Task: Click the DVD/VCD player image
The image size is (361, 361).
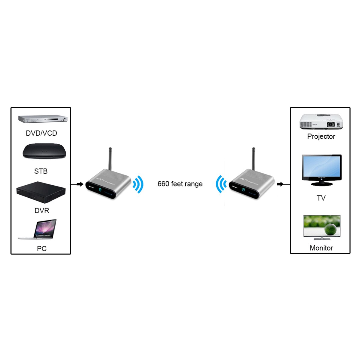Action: [42, 119]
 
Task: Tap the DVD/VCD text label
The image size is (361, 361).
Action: [41, 133]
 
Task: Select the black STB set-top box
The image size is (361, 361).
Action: [44, 151]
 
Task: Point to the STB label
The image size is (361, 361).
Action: [41, 171]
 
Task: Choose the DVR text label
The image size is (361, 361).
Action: [42, 211]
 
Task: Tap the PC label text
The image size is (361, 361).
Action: [42, 248]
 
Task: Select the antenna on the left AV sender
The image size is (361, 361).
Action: [110, 159]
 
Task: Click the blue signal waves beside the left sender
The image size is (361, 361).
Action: [138, 184]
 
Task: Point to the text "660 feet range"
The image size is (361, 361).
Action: [180, 184]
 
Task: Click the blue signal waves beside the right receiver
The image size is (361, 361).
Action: [221, 184]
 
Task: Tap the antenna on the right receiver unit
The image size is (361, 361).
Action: [254, 159]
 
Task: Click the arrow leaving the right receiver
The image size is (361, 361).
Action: [280, 184]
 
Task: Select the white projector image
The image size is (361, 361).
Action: [321, 122]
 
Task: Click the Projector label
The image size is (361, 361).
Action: [321, 136]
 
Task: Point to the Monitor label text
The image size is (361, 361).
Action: [321, 248]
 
